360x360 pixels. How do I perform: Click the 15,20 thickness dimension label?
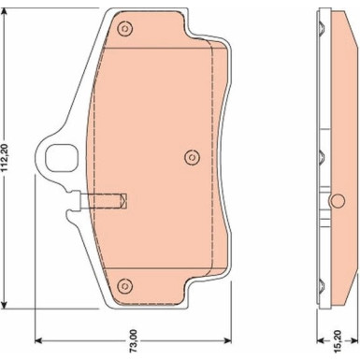point(338,342)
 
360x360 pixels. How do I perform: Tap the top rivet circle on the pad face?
point(125,29)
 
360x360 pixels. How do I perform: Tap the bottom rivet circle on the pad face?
point(125,285)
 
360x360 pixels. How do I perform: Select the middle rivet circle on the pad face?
point(192,157)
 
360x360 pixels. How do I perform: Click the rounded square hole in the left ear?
point(61,158)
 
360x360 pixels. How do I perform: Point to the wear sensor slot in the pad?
point(104,201)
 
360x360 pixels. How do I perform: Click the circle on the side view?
point(338,201)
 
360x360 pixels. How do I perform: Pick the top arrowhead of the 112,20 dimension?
point(4,12)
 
